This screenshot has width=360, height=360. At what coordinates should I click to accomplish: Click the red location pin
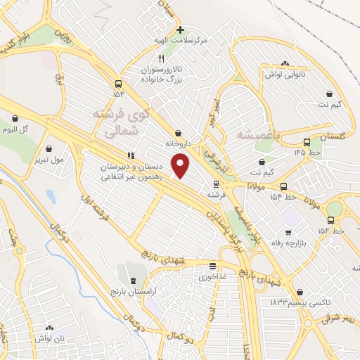click(x=181, y=166)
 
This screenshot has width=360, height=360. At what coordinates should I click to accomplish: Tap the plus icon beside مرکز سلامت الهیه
click(x=181, y=30)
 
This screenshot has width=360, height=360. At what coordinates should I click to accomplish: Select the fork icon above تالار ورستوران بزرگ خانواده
click(x=161, y=58)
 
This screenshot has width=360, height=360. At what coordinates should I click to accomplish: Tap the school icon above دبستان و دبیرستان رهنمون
click(x=130, y=155)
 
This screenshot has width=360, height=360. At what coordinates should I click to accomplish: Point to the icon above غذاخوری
click(x=212, y=266)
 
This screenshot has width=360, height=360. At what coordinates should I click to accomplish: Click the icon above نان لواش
click(x=49, y=328)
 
